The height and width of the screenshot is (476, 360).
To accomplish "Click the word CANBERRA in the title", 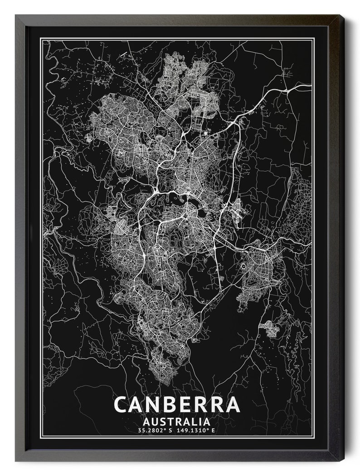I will point(176,404).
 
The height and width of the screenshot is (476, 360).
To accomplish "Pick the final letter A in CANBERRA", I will point(232,404).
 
